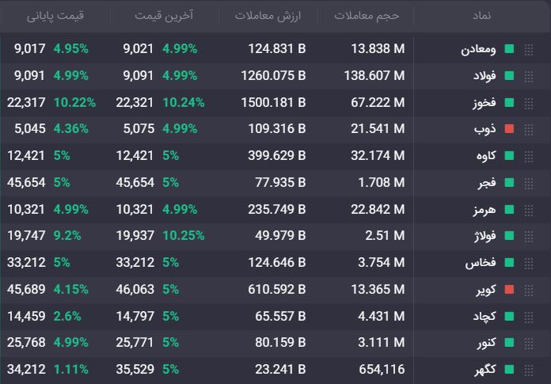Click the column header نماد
pyautogui.click(x=481, y=16)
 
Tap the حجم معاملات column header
pyautogui.click(x=367, y=16)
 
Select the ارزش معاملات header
pyautogui.click(x=268, y=16)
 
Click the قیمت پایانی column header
pyautogui.click(x=55, y=16)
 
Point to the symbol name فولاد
pyautogui.click(x=484, y=75)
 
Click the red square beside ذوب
pyautogui.click(x=509, y=128)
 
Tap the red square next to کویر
pyautogui.click(x=509, y=289)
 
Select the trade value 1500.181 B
pyautogui.click(x=273, y=103)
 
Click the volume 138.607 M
pyautogui.click(x=374, y=75)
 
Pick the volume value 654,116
pyautogui.click(x=382, y=369)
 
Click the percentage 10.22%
pyautogui.click(x=74, y=103)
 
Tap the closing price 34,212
pyautogui.click(x=26, y=369)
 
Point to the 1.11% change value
pyautogui.click(x=71, y=369)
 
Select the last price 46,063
pyautogui.click(x=135, y=289)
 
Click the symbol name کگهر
pyautogui.click(x=485, y=369)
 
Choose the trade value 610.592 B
pyautogui.click(x=277, y=289)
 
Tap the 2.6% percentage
pyautogui.click(x=67, y=316)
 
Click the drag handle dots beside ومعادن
pyautogui.click(x=529, y=50)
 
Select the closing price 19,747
pyautogui.click(x=26, y=235)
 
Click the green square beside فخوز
pyautogui.click(x=509, y=103)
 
